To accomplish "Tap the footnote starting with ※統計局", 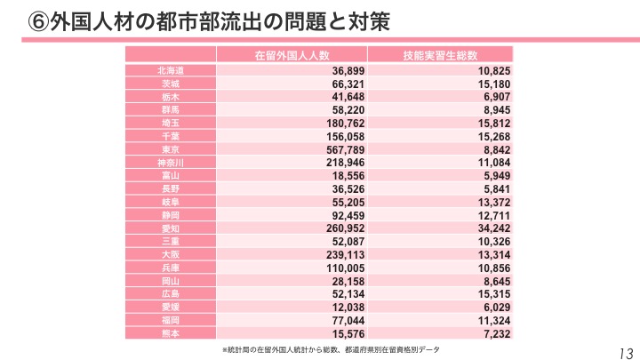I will click(330, 350).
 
